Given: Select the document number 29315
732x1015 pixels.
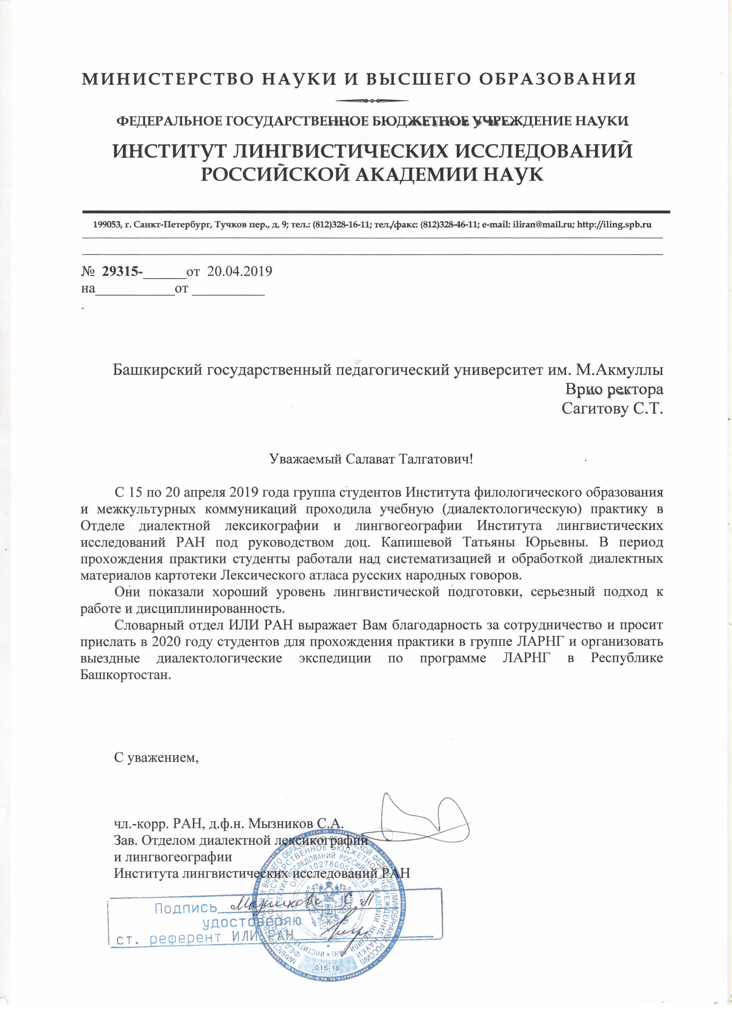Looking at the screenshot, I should [x=120, y=271].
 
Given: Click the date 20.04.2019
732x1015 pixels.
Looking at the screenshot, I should [x=240, y=271].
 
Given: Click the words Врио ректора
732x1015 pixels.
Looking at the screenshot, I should [x=614, y=389].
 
